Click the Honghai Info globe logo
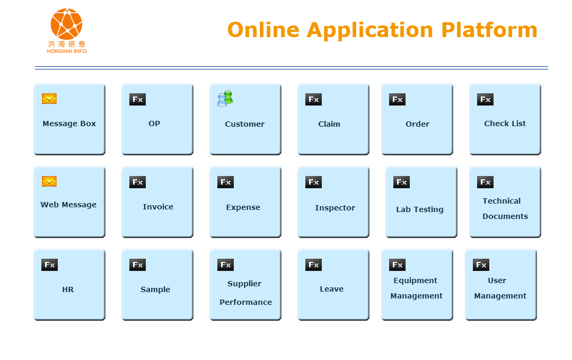(66, 24)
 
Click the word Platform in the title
(489, 30)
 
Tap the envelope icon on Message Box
(49, 99)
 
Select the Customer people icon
(225, 99)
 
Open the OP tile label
(154, 124)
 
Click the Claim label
(329, 124)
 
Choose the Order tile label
(417, 124)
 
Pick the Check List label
(505, 124)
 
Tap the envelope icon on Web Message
(49, 181)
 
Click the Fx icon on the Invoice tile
(137, 182)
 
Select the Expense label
(243, 207)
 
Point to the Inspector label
(335, 208)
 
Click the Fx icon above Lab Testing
(401, 182)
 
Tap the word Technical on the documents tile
(501, 201)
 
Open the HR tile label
(68, 289)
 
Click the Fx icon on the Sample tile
(137, 265)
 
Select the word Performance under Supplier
(245, 302)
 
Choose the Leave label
(332, 289)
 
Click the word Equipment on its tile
(415, 280)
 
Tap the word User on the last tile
(497, 280)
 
